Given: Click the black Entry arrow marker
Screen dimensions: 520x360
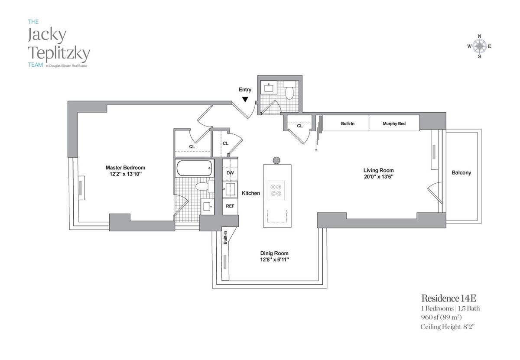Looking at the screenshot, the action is click(x=245, y=99).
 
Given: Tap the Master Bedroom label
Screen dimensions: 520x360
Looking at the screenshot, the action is click(x=125, y=168).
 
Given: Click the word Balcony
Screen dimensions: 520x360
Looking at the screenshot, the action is click(x=461, y=172).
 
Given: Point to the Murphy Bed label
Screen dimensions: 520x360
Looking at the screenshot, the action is click(x=394, y=124).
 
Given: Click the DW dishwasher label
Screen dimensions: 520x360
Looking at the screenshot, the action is click(x=230, y=173).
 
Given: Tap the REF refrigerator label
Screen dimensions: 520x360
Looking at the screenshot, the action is click(x=230, y=206).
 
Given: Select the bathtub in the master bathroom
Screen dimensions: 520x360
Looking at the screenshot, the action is click(x=194, y=168).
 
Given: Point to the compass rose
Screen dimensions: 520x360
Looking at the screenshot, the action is click(x=479, y=46).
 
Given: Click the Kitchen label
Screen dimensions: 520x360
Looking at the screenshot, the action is click(x=251, y=193).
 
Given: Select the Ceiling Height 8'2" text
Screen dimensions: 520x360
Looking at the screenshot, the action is click(x=451, y=327).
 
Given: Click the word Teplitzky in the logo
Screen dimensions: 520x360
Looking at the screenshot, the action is click(x=59, y=54).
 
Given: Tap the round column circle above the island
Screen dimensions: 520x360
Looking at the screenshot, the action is click(x=277, y=160).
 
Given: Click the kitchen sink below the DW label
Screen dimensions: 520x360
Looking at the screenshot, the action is click(x=230, y=190).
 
